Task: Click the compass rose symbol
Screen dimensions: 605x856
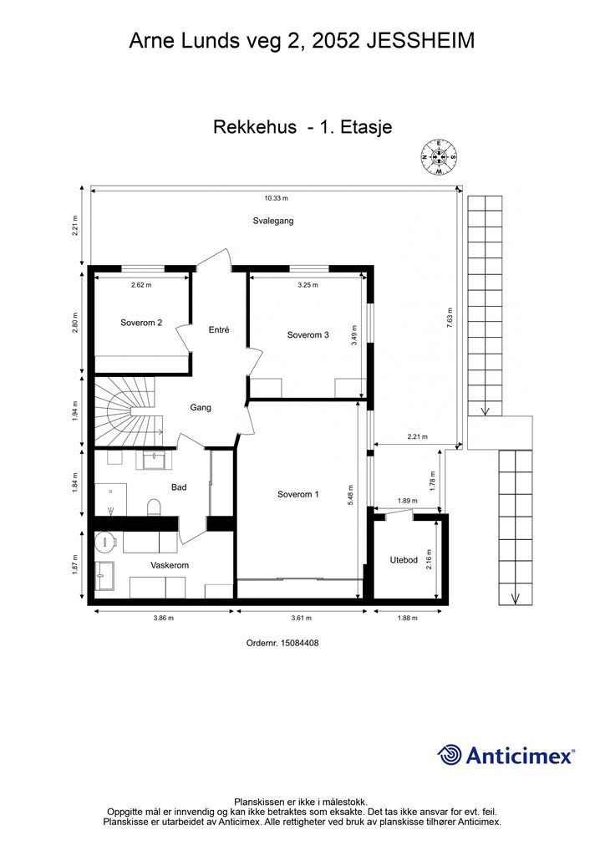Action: [x=439, y=157]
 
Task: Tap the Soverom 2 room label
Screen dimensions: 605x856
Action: [x=141, y=323]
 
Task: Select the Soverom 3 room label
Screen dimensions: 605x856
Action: [x=308, y=334]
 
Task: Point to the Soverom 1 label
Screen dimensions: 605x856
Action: [x=297, y=494]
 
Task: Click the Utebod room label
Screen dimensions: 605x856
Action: [x=404, y=559]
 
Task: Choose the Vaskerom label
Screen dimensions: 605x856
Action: [x=170, y=565]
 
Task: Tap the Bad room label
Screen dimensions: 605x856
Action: [x=179, y=487]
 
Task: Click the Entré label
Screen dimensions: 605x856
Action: [x=219, y=329]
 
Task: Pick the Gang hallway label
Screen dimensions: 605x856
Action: [x=201, y=407]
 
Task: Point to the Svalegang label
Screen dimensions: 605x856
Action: [x=273, y=221]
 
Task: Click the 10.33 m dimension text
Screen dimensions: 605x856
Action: [x=276, y=198]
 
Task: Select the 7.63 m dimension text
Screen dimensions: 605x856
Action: [x=450, y=318]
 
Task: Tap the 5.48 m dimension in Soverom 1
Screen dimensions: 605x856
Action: [x=350, y=495]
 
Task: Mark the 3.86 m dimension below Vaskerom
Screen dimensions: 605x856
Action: [x=163, y=618]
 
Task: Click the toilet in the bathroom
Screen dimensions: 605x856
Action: [x=155, y=507]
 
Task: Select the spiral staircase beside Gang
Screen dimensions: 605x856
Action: [x=126, y=410]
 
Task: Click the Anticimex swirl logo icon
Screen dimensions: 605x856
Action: [x=449, y=755]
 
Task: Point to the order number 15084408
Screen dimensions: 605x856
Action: [x=299, y=643]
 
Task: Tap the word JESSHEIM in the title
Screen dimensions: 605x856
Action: [x=420, y=41]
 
